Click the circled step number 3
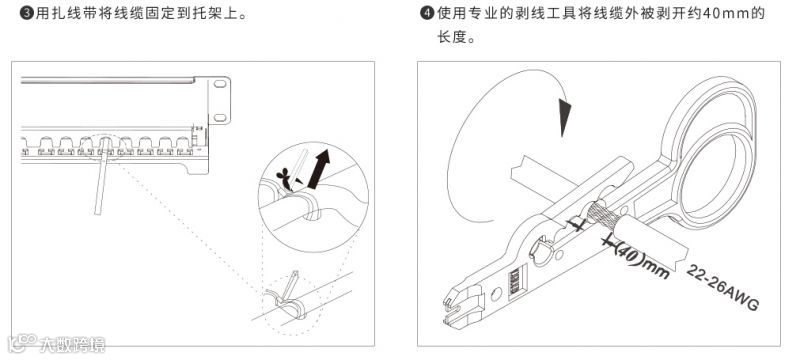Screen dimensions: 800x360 tap(26, 14)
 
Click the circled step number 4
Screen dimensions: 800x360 tap(427, 14)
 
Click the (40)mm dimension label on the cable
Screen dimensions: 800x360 tap(641, 260)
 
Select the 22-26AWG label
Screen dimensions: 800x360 tap(721, 287)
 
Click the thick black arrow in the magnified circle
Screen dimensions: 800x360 tap(318, 169)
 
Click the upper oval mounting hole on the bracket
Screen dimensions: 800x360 tap(220, 84)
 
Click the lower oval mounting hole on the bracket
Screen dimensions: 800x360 tap(220, 118)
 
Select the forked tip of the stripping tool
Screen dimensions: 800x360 tap(462, 307)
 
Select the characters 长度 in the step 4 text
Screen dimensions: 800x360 tap(450, 37)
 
